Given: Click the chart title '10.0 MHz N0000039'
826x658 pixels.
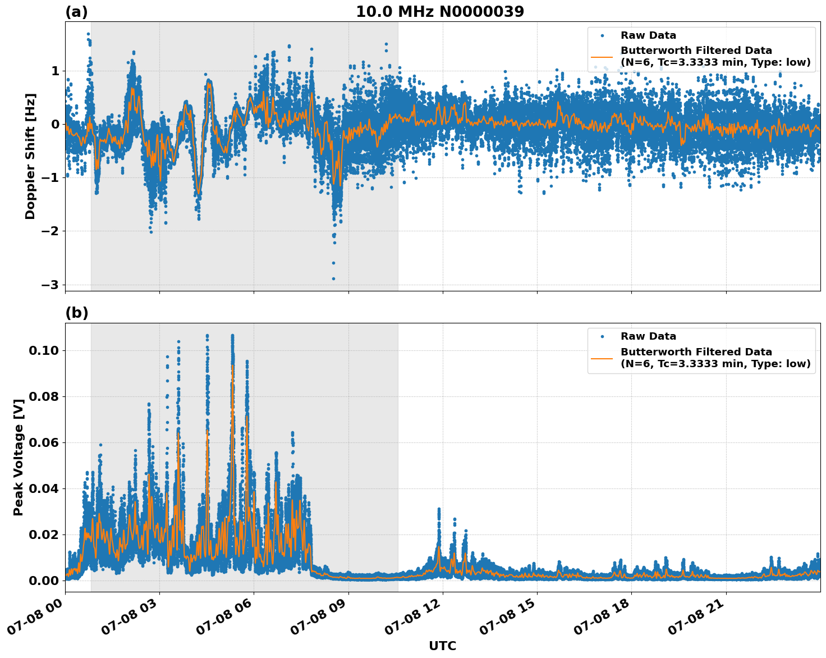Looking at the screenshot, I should click(x=440, y=12).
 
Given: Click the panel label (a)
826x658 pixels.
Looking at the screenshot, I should click(x=76, y=12).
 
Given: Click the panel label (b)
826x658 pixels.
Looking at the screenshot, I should click(x=76, y=313).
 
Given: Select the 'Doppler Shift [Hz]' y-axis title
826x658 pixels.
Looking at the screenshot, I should click(x=30, y=156).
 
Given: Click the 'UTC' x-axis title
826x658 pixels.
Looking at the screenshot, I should click(x=442, y=646).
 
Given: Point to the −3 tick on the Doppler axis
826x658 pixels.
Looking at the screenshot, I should click(x=50, y=285).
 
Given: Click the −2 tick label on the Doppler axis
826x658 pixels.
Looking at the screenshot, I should click(x=50, y=231).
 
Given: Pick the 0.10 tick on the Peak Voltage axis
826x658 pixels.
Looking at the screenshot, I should click(x=44, y=351).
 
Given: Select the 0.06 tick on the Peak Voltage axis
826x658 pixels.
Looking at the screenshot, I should click(x=44, y=443).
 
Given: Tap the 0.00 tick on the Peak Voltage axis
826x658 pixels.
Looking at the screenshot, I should click(x=44, y=581).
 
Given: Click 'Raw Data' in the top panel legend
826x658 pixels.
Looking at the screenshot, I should click(x=648, y=35).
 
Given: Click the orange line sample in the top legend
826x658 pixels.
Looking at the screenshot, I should click(x=602, y=56).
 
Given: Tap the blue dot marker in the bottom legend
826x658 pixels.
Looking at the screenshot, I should click(x=602, y=336).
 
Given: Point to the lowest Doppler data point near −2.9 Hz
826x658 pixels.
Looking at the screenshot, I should click(x=333, y=278).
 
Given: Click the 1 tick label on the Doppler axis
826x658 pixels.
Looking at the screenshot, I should click(x=55, y=71).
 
